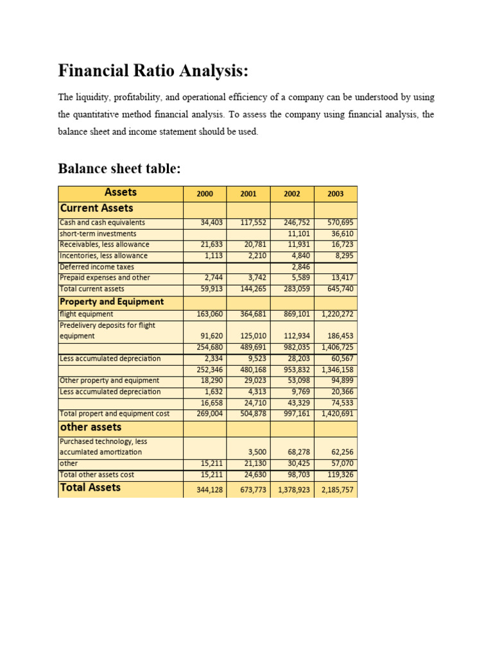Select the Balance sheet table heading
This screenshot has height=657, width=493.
119,169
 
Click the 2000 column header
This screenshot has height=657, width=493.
205,194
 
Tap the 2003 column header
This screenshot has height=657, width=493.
335,194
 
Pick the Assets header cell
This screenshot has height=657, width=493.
121,192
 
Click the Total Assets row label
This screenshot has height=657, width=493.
90,488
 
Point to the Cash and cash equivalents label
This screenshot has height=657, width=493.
102,223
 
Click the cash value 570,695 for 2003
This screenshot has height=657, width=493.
340,223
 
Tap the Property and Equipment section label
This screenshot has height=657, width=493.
112,302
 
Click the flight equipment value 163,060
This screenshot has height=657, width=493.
210,314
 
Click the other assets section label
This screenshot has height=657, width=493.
91,427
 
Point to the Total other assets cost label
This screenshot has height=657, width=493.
97,475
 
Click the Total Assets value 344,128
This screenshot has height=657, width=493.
210,490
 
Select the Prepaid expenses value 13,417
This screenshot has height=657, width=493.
342,278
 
